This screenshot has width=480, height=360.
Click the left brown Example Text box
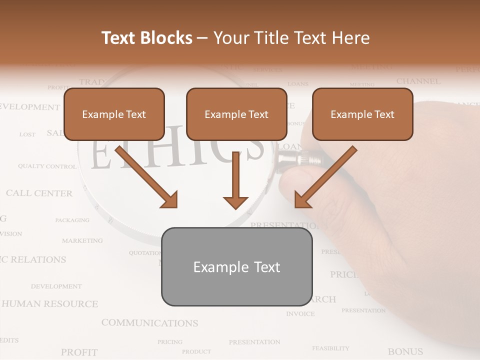tap(114, 114)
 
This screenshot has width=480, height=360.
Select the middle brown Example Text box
tap(236, 114)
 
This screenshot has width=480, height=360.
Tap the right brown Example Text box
tap(362, 114)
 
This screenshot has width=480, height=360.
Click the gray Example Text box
tap(236, 267)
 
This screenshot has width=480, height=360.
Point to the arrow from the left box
tap(146, 177)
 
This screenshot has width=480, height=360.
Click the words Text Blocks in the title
tap(147, 38)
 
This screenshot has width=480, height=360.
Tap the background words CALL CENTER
tap(39, 193)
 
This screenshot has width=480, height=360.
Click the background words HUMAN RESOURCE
tap(50, 303)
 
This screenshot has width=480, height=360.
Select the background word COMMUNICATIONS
tap(149, 323)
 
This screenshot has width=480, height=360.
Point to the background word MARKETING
tap(82, 240)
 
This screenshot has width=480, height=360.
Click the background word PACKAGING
tap(72, 220)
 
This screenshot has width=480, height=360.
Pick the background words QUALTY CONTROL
tap(47, 166)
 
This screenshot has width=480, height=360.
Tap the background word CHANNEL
tap(418, 81)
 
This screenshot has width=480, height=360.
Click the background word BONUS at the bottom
tap(405, 351)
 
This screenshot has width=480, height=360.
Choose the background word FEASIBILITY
tap(330, 348)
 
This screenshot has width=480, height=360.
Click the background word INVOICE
tap(300, 314)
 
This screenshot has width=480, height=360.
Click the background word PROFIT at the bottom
tap(79, 352)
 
